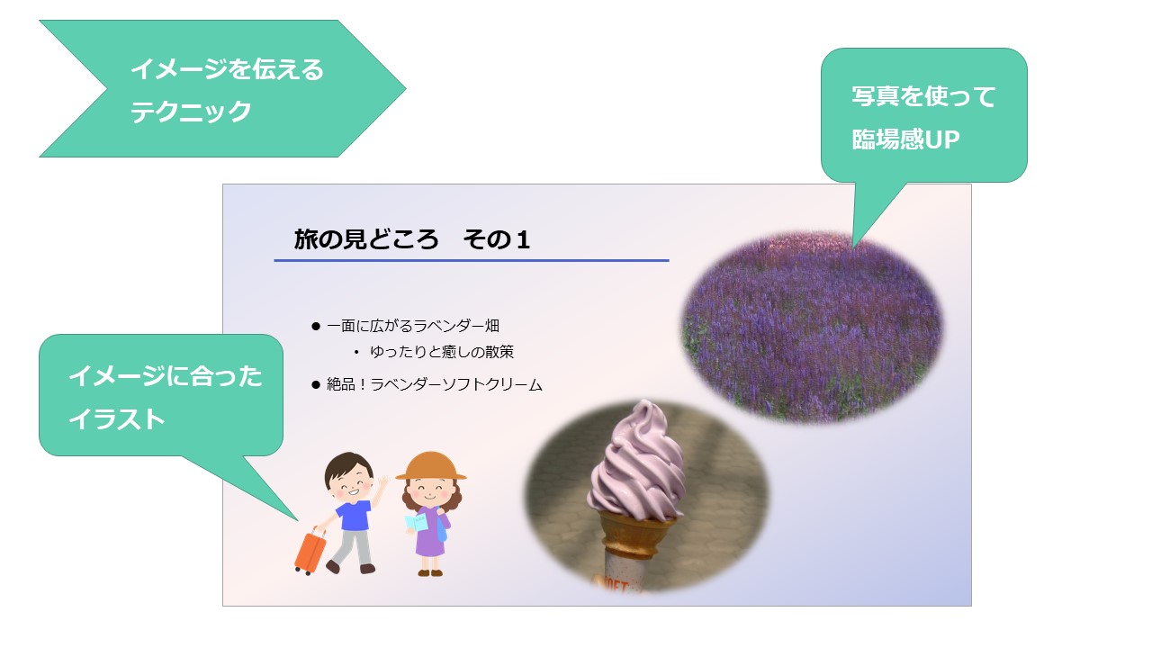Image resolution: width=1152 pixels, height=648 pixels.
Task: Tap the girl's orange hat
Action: (x=431, y=466)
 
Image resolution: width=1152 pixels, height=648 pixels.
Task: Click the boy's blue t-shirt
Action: (x=355, y=515)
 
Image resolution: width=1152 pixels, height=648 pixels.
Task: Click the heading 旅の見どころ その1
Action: (x=411, y=239)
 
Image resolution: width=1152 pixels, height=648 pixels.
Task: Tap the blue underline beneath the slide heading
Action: (x=471, y=261)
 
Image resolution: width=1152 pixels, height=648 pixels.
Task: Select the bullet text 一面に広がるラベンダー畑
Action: (x=413, y=326)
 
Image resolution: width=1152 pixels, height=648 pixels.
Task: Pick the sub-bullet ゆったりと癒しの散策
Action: (x=442, y=352)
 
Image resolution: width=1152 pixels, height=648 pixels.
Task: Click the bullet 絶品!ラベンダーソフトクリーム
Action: (x=435, y=384)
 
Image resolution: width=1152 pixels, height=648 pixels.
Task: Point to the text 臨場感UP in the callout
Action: (x=905, y=139)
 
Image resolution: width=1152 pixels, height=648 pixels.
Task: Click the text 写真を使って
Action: (x=923, y=96)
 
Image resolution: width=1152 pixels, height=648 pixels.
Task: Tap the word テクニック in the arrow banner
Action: (x=190, y=112)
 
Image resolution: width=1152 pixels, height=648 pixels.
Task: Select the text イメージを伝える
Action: (x=227, y=69)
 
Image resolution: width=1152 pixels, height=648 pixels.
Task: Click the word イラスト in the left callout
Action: (x=117, y=418)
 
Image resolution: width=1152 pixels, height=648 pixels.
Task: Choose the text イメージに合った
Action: (x=166, y=376)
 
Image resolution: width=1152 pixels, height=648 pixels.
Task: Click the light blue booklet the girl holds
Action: (x=416, y=523)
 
